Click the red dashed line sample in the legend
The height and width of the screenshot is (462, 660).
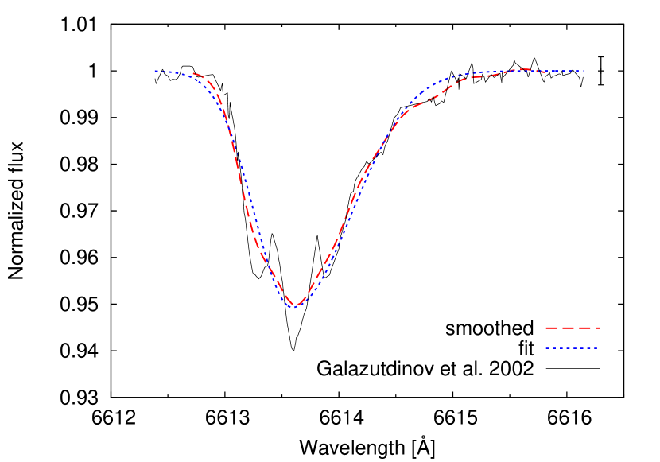573,328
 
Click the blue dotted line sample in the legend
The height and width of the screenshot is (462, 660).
571,348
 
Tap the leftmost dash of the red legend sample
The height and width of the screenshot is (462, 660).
551,328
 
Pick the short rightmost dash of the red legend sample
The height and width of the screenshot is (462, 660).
598,328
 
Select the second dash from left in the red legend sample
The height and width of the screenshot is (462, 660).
569,328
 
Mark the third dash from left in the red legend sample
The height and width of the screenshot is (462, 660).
584,328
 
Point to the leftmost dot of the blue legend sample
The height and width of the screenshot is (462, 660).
547,348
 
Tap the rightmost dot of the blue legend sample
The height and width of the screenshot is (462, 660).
596,348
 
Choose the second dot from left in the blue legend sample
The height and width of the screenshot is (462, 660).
554,348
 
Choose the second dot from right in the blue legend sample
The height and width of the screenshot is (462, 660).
588,348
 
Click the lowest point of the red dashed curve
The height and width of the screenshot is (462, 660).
295,306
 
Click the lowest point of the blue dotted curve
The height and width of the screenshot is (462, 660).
293,307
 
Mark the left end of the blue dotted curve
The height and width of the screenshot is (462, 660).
156,72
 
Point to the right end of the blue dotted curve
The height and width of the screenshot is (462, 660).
583,71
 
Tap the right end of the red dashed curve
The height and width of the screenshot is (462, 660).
545,72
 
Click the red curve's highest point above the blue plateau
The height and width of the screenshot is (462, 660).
526,69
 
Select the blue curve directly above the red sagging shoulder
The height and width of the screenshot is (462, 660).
433,84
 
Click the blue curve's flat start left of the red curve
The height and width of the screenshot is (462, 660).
170,72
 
